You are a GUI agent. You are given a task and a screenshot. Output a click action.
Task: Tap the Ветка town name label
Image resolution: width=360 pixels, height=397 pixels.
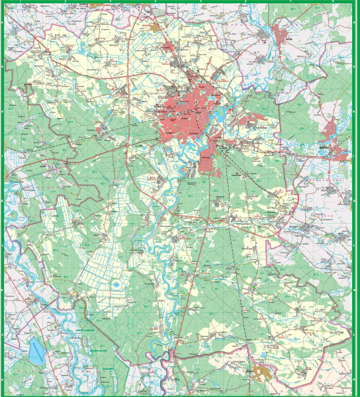pos(294,39)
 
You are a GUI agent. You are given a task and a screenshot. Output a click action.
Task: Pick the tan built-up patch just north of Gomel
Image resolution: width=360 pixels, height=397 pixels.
pos(156,28)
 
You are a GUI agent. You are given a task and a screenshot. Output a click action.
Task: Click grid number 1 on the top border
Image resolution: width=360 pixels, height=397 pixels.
pos(25,2)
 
